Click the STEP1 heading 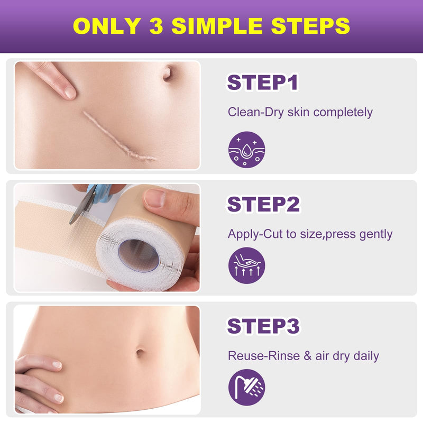click(x=263, y=83)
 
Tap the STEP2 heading click(x=263, y=204)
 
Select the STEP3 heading click(x=263, y=326)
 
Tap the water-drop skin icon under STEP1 click(x=246, y=150)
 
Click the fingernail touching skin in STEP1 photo click(x=69, y=92)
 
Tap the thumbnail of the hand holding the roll click(x=155, y=198)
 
